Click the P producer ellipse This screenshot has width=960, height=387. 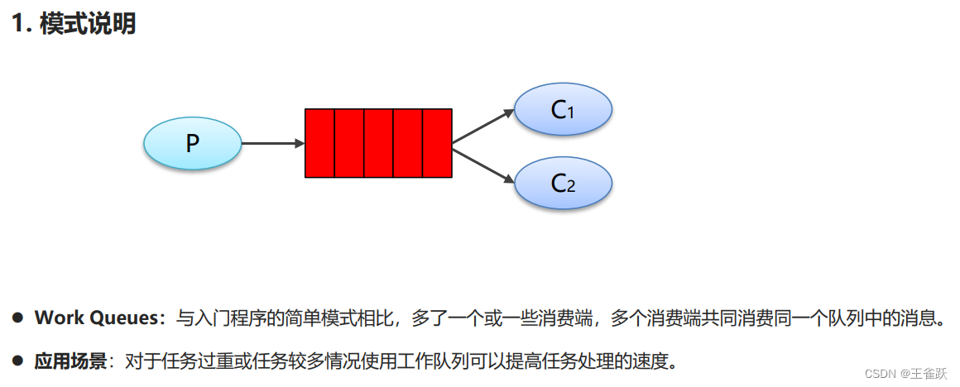[x=192, y=143]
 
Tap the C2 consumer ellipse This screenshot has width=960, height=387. [x=563, y=183]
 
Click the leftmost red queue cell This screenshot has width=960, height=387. [x=319, y=143]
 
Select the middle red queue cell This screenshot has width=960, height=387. [x=378, y=143]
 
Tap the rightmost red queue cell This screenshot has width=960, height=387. [x=437, y=143]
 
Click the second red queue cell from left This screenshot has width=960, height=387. [x=349, y=143]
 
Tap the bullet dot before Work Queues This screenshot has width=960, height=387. [x=17, y=318]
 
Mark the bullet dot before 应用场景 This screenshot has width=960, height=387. [x=17, y=361]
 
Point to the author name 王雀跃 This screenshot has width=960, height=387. [x=929, y=374]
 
